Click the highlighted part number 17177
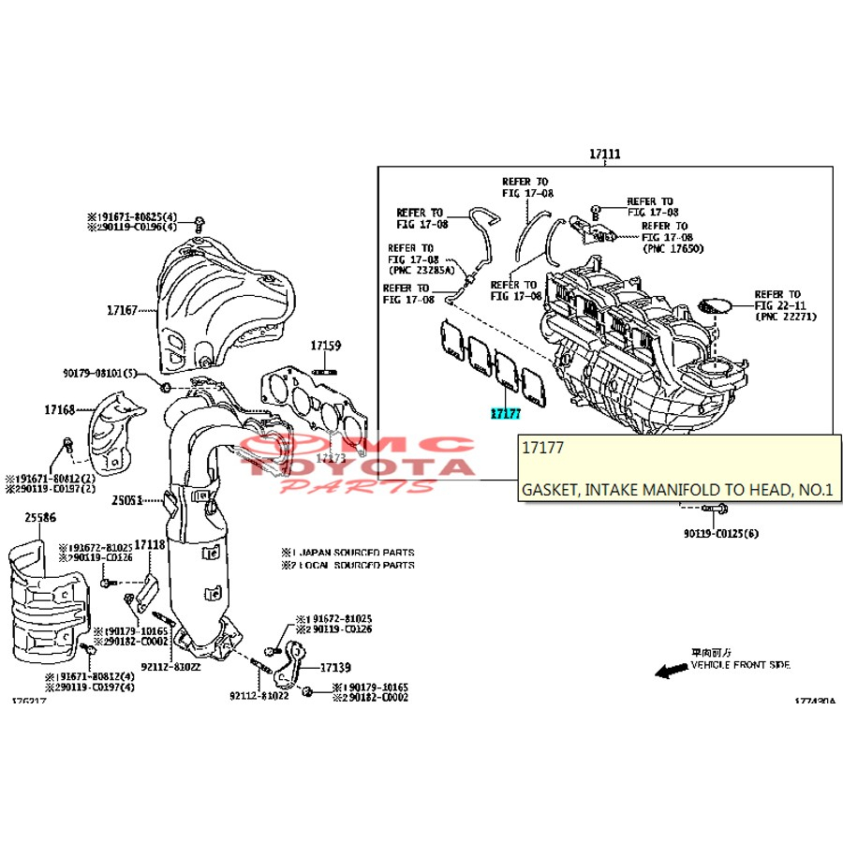coord(503,413)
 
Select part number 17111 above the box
coord(605,154)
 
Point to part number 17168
coord(59,408)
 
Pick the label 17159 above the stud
coord(326,346)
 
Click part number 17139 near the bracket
coord(335,668)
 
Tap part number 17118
coord(149,544)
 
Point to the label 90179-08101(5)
coord(99,373)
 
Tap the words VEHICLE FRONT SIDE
coord(740,665)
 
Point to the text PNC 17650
coord(673,248)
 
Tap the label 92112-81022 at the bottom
coord(259,696)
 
